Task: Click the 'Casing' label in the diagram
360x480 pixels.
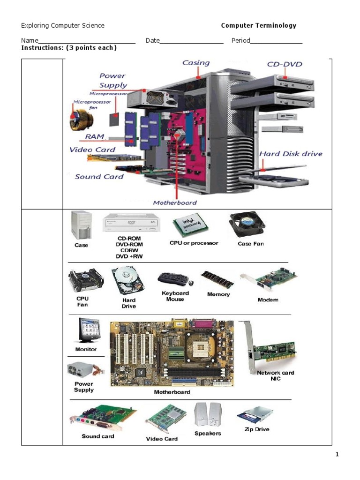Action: (196, 63)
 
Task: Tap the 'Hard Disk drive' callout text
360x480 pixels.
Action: (291, 153)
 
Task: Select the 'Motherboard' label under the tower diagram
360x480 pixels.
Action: (175, 203)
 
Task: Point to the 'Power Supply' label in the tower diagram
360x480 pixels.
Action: (112, 80)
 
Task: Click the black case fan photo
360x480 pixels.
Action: (247, 225)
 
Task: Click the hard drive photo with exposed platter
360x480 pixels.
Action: (127, 281)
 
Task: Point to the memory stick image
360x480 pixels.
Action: (217, 280)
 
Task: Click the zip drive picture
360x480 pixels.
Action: (255, 415)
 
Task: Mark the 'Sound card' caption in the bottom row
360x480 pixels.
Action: (97, 436)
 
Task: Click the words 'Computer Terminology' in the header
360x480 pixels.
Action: (258, 26)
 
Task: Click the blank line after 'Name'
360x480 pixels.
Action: (87, 41)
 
